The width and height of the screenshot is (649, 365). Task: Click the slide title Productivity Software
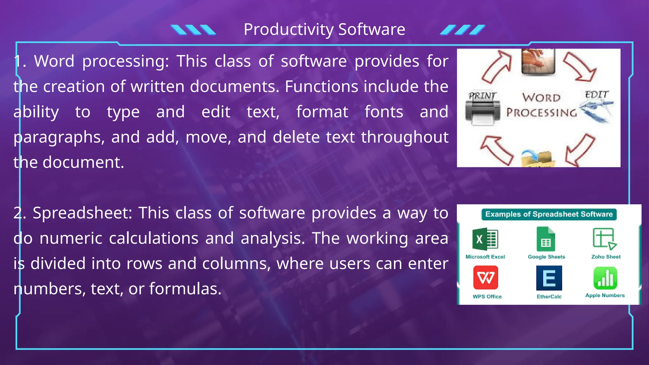(x=324, y=29)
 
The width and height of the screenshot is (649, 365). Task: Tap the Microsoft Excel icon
(x=485, y=239)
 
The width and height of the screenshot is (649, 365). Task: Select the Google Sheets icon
(x=546, y=239)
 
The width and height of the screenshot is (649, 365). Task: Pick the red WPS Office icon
(x=485, y=278)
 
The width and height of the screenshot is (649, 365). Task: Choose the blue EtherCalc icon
(x=549, y=278)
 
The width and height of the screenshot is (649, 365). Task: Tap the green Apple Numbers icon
(x=605, y=278)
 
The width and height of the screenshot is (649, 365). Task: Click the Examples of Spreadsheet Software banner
(x=549, y=215)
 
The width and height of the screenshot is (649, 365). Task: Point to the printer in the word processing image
(x=482, y=112)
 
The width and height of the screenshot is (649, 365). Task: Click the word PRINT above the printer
(x=482, y=95)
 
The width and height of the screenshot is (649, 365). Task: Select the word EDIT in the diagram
(x=596, y=94)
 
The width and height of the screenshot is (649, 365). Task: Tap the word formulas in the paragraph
(x=185, y=289)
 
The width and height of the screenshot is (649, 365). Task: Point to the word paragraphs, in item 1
(x=59, y=137)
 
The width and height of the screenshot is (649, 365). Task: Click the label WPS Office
(x=487, y=297)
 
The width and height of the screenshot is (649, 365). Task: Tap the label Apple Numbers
(x=605, y=295)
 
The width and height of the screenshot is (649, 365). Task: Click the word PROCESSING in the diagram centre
(x=541, y=112)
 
